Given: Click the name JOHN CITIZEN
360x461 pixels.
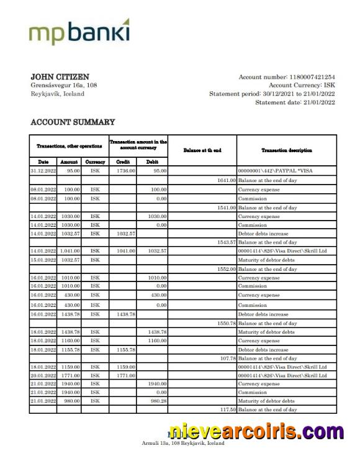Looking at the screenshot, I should click(x=60, y=76).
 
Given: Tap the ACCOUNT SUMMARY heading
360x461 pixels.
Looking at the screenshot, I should click(x=73, y=122).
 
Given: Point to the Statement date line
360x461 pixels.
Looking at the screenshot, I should click(x=295, y=103).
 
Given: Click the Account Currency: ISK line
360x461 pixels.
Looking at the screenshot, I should click(x=302, y=85).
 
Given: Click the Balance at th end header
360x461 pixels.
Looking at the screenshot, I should click(x=202, y=150).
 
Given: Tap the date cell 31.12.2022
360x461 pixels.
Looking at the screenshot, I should click(x=43, y=170).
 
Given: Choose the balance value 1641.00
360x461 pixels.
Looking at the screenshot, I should click(x=225, y=180).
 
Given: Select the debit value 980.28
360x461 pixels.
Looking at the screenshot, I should click(x=156, y=401).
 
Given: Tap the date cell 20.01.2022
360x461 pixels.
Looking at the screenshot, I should click(x=43, y=375).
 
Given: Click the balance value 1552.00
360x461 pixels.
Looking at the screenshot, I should click(x=225, y=269).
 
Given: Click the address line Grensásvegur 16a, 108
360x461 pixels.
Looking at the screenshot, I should click(x=63, y=85).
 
